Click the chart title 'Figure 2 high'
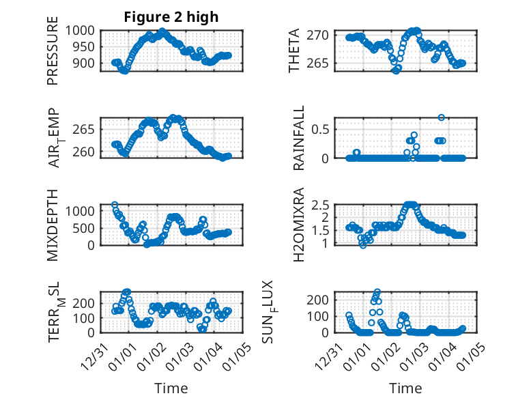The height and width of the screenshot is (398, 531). click(171, 17)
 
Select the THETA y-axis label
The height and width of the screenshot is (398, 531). click(294, 51)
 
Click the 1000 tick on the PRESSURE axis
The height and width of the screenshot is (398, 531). click(82, 30)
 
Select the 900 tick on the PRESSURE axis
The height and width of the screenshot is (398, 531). click(85, 63)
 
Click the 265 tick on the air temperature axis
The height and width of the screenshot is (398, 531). click(85, 128)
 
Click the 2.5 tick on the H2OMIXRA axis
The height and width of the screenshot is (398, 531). click(323, 204)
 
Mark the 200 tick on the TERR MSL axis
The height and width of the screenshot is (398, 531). click(85, 301)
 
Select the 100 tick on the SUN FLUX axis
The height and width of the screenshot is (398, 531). click(322, 316)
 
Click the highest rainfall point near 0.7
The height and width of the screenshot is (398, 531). click(442, 117)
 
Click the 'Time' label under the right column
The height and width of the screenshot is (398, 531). click(405, 388)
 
